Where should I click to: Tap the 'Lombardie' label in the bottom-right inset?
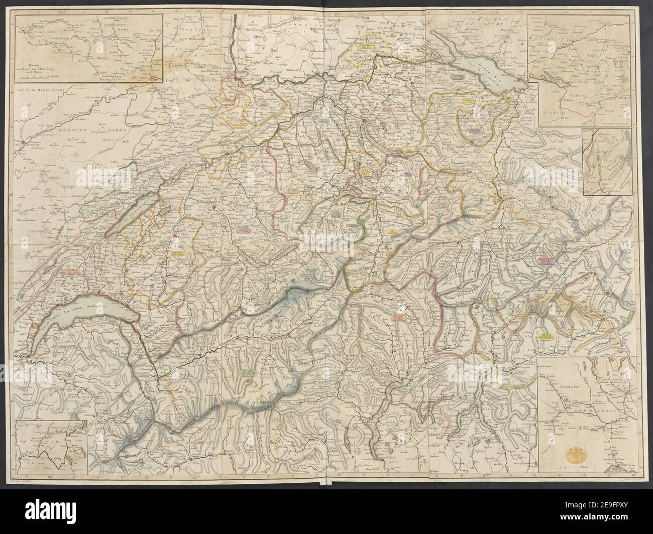coord(598,422)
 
